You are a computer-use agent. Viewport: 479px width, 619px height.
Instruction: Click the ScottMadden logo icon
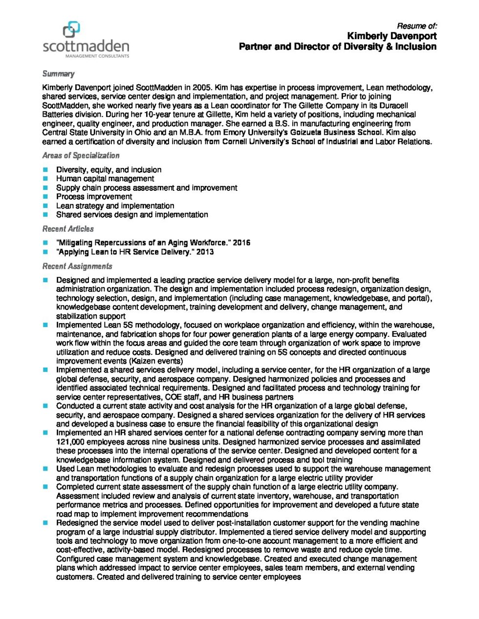pos(72,29)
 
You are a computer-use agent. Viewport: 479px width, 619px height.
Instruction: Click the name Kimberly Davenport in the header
pos(392,36)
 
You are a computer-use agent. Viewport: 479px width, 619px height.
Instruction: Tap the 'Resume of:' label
pos(416,26)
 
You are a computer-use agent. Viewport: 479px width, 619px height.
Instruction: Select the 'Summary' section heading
pos(58,74)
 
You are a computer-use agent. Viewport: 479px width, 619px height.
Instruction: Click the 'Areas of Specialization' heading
pos(81,155)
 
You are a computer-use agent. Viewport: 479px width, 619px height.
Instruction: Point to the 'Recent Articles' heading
pos(68,228)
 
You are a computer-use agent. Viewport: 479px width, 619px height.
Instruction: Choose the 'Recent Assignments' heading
pos(77,266)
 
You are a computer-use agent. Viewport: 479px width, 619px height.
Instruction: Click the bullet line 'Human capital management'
pos(105,179)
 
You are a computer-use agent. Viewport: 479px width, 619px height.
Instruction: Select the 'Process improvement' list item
pos(94,197)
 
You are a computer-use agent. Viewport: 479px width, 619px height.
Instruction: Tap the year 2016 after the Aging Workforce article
pos(241,243)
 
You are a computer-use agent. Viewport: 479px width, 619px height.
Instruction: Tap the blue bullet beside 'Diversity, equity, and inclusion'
pos(45,170)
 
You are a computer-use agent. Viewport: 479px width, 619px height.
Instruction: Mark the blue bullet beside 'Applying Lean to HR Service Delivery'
pos(45,252)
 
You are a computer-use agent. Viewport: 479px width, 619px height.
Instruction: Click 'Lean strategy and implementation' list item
pos(115,206)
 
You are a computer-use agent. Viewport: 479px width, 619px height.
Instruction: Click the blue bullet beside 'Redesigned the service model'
pos(45,523)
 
